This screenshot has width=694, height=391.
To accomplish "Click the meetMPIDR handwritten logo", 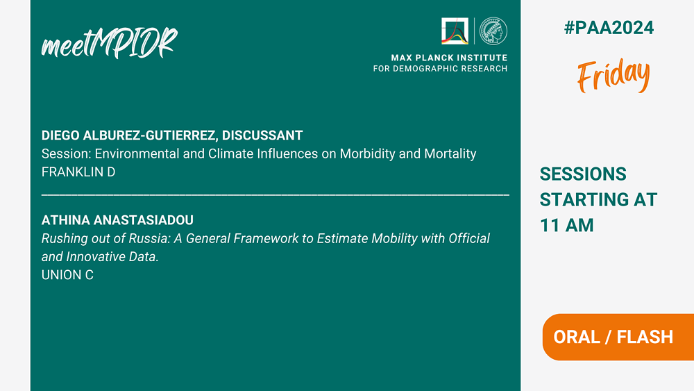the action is tap(110, 43).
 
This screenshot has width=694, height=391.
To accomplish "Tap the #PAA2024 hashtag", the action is tap(609, 28).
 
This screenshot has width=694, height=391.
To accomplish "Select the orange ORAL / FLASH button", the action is tap(618, 337).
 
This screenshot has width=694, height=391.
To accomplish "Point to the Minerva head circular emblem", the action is tap(493, 31).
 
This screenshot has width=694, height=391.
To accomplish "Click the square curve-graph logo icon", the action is tap(455, 31).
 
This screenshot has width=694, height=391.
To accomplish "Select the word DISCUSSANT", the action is tap(262, 135).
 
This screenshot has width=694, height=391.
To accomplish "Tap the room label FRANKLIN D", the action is tap(78, 172).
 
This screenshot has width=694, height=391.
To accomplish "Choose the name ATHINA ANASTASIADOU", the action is tap(117, 220).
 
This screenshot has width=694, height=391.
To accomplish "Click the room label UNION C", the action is tap(67, 275).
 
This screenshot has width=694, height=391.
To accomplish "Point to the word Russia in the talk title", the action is tap(149, 238).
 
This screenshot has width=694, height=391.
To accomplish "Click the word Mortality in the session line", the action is tap(450, 153).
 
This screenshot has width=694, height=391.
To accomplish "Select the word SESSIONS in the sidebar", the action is tap(583, 174).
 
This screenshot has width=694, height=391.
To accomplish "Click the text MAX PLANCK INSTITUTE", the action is tap(449, 58).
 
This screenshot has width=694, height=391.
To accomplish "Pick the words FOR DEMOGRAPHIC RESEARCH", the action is tap(440, 69).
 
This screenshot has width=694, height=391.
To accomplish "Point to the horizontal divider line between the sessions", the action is tap(276, 194).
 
